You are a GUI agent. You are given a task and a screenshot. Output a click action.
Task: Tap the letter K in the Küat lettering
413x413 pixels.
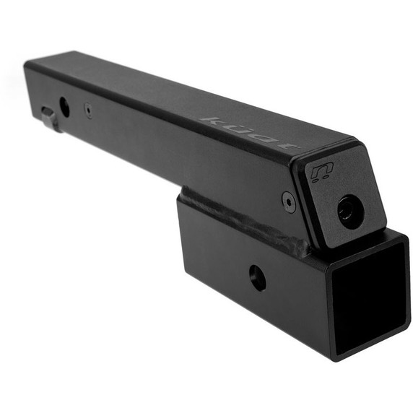tap(211, 119)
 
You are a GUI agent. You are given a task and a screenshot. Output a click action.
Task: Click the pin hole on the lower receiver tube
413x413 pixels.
tap(256, 277)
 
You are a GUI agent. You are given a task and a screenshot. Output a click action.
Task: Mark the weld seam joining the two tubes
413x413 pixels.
tap(245, 217)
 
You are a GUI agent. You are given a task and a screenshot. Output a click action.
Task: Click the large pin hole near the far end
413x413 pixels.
tap(64, 107)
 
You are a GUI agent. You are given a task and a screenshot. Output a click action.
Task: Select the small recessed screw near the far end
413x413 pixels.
tap(87, 110)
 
